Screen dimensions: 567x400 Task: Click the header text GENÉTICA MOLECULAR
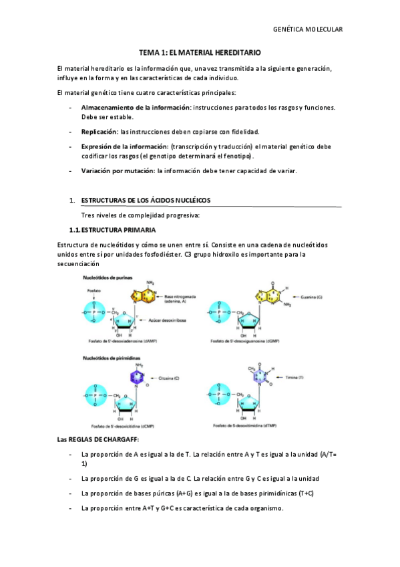309,30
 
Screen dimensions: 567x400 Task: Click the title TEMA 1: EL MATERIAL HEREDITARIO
200,51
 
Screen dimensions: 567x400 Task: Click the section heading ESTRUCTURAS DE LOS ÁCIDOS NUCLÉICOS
145,200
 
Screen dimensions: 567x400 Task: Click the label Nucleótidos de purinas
108,277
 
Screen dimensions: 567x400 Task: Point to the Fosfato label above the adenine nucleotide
93,291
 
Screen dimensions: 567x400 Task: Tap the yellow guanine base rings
262,294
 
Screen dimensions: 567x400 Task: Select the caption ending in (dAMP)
114,343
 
